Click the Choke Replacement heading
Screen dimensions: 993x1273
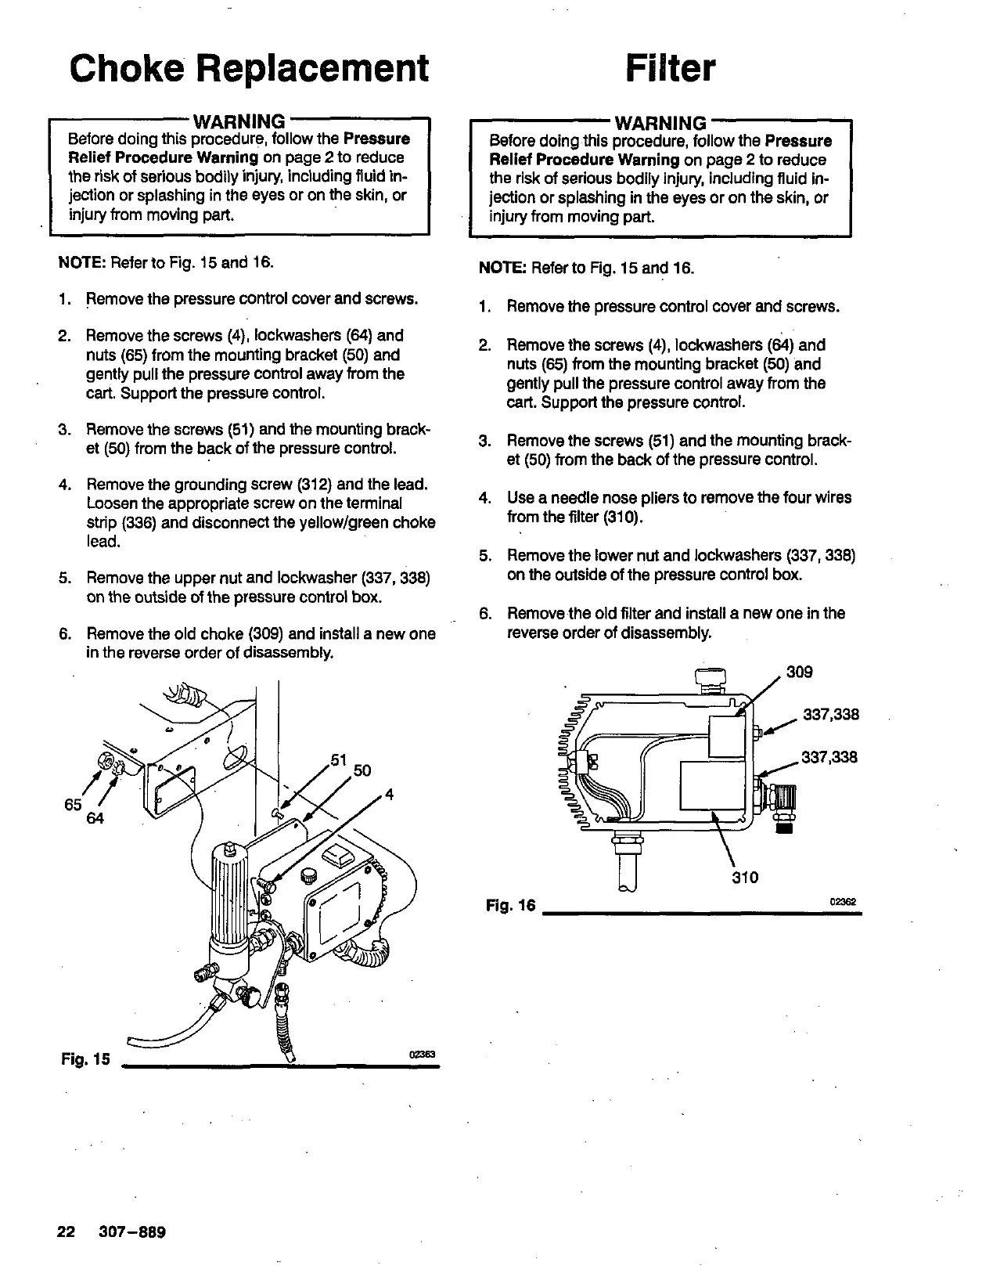click(x=250, y=68)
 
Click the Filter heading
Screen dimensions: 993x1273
click(x=671, y=68)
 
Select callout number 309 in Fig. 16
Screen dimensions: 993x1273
click(x=800, y=672)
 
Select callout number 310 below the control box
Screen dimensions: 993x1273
click(x=745, y=878)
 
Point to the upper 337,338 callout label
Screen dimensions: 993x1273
click(x=831, y=714)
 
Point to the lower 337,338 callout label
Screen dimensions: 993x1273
click(x=829, y=757)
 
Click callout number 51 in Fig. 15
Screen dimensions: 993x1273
click(x=339, y=759)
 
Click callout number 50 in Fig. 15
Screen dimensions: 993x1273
click(x=362, y=771)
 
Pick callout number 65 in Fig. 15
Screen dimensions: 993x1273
click(x=73, y=805)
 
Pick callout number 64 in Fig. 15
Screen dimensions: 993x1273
click(x=95, y=819)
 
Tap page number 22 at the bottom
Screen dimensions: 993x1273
click(x=65, y=1232)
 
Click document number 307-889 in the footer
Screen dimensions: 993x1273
click(x=132, y=1232)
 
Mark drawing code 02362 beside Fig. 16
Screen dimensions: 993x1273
click(x=844, y=901)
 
